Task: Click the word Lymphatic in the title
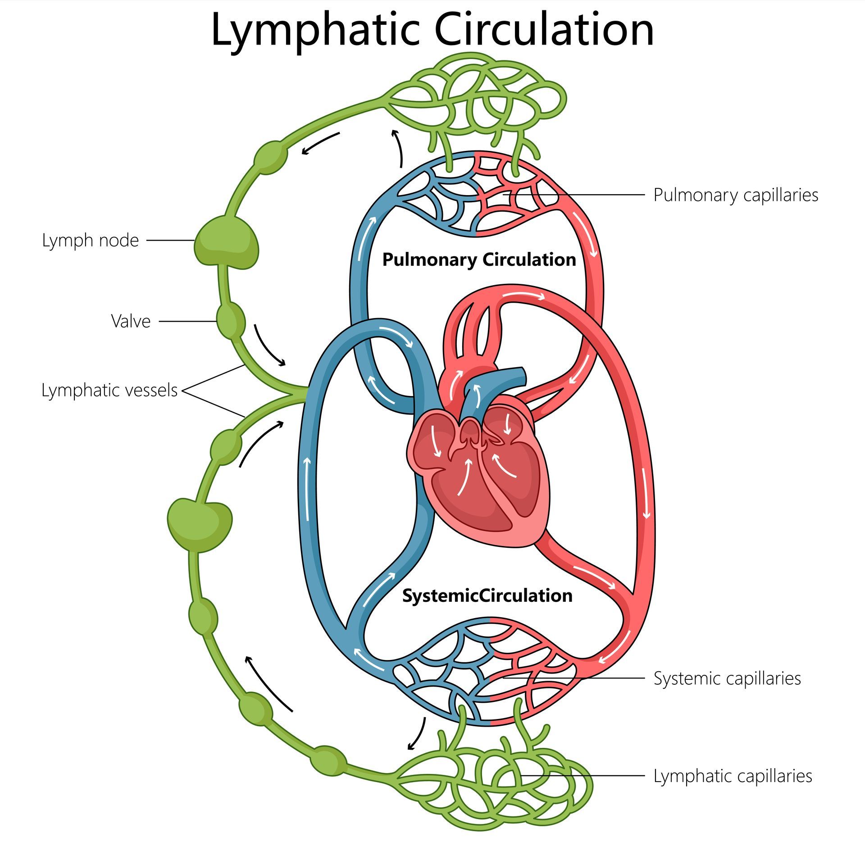click(x=315, y=31)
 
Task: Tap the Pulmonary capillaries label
click(x=735, y=195)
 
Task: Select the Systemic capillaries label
click(x=727, y=678)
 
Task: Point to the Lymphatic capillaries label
click(x=733, y=776)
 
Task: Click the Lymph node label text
click(x=90, y=240)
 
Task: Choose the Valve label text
click(x=131, y=321)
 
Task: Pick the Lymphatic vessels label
click(x=109, y=390)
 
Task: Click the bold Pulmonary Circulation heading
click(x=479, y=260)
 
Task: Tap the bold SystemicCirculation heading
click(x=487, y=596)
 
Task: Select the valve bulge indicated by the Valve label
click(x=231, y=321)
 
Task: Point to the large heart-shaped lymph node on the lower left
click(x=200, y=524)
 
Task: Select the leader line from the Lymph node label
click(x=170, y=241)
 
